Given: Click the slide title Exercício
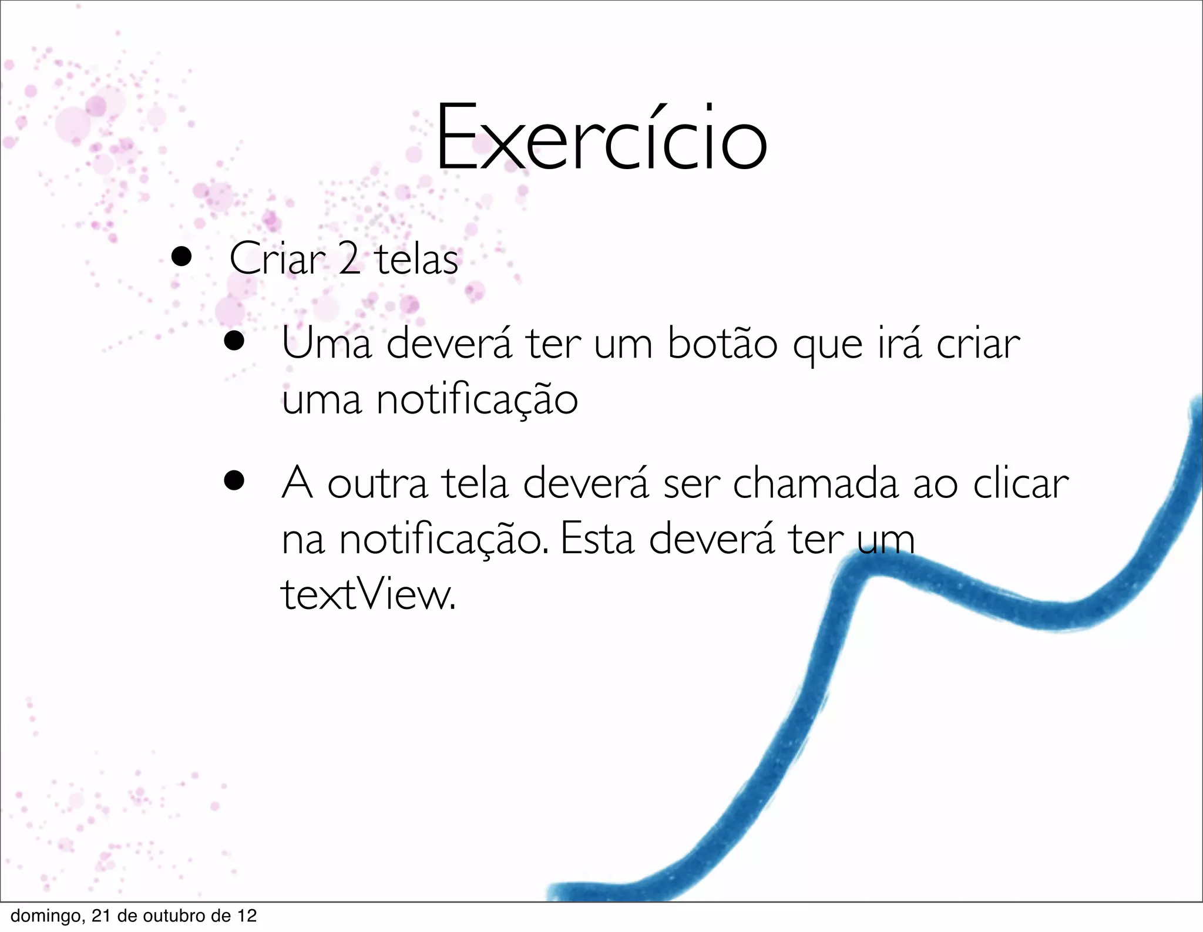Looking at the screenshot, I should [601, 139].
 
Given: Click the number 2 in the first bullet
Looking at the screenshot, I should [349, 259].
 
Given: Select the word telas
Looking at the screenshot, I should [416, 259].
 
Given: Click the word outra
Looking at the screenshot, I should [377, 483].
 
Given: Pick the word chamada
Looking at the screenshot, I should [815, 483].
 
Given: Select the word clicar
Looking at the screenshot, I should [1020, 483].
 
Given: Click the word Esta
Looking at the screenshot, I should [597, 539].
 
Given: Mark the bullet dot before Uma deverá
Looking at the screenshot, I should [234, 341].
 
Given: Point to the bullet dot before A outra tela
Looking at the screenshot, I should [234, 481].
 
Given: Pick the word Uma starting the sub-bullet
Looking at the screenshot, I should [327, 344].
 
